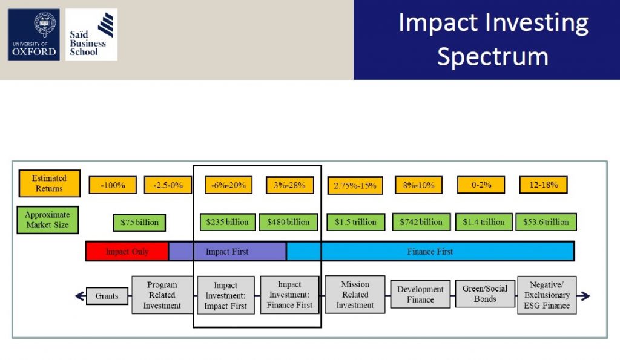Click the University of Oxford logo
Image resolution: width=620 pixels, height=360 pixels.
[x=34, y=34]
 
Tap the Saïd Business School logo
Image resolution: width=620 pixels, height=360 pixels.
[x=91, y=34]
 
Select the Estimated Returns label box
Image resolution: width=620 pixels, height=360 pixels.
[x=50, y=183]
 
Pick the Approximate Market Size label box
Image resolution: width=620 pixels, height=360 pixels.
[x=48, y=220]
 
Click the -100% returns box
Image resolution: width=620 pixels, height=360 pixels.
[x=113, y=185]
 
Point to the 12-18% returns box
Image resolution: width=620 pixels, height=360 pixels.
[x=543, y=185]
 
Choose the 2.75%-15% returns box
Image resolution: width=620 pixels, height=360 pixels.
[x=355, y=185]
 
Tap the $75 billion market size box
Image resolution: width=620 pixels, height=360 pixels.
[x=139, y=223]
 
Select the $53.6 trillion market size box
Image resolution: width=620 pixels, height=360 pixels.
[x=546, y=222]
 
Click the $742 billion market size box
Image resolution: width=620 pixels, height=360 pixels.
[x=421, y=222]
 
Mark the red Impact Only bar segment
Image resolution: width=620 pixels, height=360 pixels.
[x=127, y=251]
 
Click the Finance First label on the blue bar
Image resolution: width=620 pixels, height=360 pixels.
[x=430, y=251]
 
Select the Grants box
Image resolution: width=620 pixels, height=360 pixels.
[x=107, y=296]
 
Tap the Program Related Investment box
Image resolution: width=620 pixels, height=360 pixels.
[x=162, y=295]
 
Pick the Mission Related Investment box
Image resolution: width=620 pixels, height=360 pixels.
[x=355, y=295]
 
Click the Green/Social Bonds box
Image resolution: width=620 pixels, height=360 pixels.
[x=485, y=293]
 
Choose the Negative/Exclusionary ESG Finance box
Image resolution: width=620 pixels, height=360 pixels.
[x=547, y=295]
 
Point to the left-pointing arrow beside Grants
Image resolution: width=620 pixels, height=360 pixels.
[x=81, y=296]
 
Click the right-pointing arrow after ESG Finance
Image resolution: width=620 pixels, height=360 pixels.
[x=584, y=296]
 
